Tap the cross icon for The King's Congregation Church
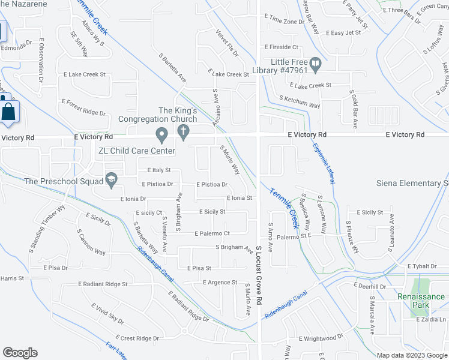(x=185, y=131)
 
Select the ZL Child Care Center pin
(x=161, y=133)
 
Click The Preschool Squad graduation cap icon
(x=111, y=178)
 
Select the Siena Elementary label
(x=412, y=183)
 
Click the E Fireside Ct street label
(x=281, y=47)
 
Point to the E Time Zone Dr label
(x=284, y=21)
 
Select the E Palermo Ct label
(x=212, y=233)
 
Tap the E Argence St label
(x=220, y=282)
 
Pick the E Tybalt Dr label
(x=424, y=266)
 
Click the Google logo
(x=20, y=352)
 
